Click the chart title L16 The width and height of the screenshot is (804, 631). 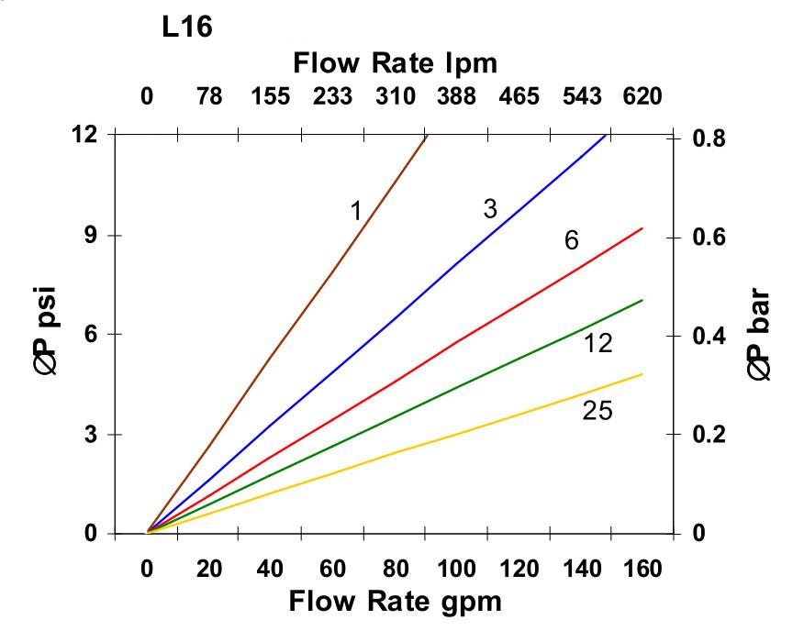click(x=187, y=28)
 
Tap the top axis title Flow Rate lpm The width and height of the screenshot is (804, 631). click(x=395, y=63)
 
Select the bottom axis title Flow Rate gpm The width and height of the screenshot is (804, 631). click(x=396, y=602)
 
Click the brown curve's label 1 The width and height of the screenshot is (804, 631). click(x=356, y=212)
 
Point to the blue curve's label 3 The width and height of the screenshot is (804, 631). click(x=490, y=209)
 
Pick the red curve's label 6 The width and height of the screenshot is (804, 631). click(x=571, y=241)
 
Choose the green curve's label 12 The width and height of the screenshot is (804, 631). click(x=597, y=344)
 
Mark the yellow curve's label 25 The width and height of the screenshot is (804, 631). click(x=597, y=410)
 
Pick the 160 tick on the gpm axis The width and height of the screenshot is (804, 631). click(x=642, y=569)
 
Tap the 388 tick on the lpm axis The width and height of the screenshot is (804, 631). click(x=459, y=95)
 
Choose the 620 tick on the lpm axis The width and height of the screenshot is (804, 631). click(x=642, y=95)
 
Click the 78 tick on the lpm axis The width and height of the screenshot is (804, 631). click(x=209, y=95)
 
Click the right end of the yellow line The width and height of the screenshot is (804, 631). click(x=642, y=374)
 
